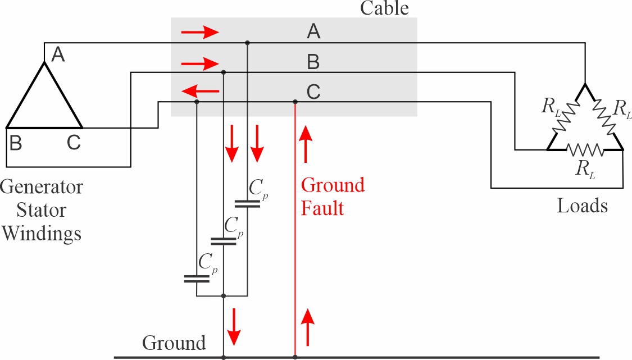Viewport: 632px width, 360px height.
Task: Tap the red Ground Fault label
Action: [x=333, y=197]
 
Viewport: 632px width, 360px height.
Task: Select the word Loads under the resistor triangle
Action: [x=582, y=206]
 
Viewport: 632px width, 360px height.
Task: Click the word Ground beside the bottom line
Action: [x=174, y=343]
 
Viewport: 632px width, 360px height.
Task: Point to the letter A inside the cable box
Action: [x=313, y=32]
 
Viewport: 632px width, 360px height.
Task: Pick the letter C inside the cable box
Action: [x=313, y=91]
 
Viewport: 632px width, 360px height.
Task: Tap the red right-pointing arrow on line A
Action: [x=199, y=33]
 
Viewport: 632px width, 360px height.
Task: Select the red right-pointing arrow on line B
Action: [x=199, y=62]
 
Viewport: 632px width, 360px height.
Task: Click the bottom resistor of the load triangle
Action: [x=585, y=150]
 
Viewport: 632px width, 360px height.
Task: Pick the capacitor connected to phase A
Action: [x=247, y=203]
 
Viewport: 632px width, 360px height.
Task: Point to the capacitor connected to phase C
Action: [x=196, y=278]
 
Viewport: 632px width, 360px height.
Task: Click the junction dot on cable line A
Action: [x=247, y=42]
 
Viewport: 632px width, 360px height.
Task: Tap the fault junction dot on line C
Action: [x=295, y=102]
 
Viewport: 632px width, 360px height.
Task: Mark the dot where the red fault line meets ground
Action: [x=295, y=357]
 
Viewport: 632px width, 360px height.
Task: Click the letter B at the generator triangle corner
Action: [x=16, y=143]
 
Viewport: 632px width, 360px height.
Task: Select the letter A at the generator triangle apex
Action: [x=58, y=55]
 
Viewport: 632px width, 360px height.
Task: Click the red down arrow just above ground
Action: [x=234, y=328]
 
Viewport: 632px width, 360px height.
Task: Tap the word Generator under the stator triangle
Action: [x=42, y=187]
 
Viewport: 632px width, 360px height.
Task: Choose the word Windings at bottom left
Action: [x=41, y=233]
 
